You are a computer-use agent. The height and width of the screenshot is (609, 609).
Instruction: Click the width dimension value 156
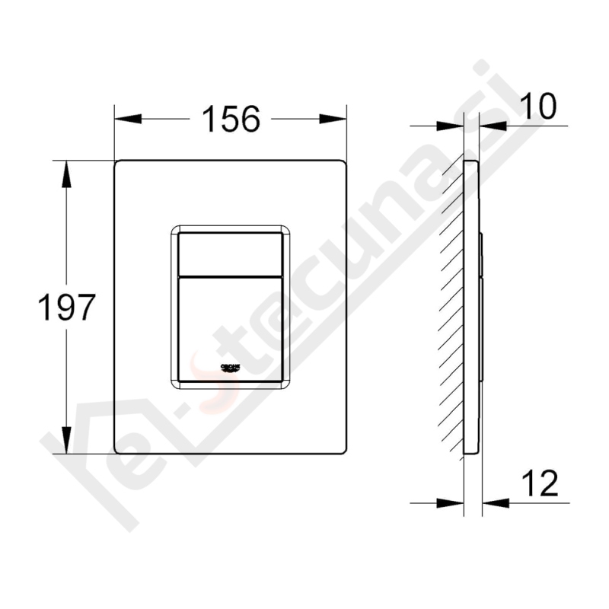click(x=231, y=119)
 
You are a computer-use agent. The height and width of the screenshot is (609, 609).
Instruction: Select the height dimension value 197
click(x=67, y=308)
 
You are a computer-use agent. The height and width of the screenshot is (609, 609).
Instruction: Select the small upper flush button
click(x=231, y=253)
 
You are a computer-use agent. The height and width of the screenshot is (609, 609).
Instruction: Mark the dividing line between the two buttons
click(x=231, y=275)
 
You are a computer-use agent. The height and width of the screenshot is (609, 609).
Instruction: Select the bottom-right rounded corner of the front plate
click(x=343, y=450)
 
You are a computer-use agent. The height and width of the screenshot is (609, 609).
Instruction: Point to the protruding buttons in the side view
click(x=482, y=304)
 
